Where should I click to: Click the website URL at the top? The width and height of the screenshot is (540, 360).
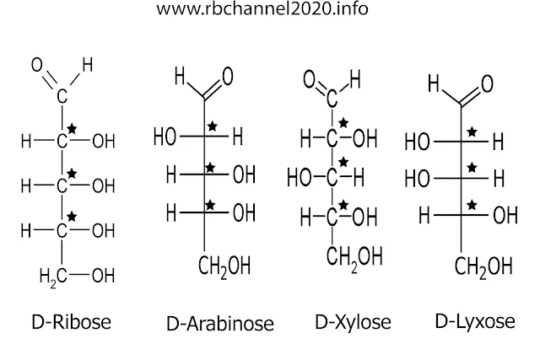[x=262, y=11]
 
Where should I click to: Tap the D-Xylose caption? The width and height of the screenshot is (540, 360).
[x=353, y=322]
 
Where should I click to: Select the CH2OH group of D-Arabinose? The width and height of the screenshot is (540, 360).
[x=224, y=267]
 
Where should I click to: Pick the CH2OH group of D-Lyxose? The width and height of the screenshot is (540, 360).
[x=483, y=267]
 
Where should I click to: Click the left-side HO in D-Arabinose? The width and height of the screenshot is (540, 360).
[x=165, y=136]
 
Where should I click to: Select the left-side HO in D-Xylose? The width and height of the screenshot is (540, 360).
[x=300, y=176]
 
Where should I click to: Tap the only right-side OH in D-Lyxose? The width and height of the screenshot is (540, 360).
[x=505, y=214]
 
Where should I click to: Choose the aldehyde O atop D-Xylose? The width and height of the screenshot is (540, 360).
[x=310, y=82]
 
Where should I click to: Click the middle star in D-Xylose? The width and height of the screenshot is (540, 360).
[x=344, y=161]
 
